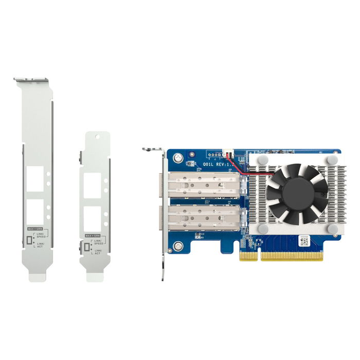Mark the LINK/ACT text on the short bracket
pyautogui.click(x=98, y=251)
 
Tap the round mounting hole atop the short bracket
pyautogui.click(x=97, y=136)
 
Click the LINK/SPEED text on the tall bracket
pyautogui.click(x=42, y=235)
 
